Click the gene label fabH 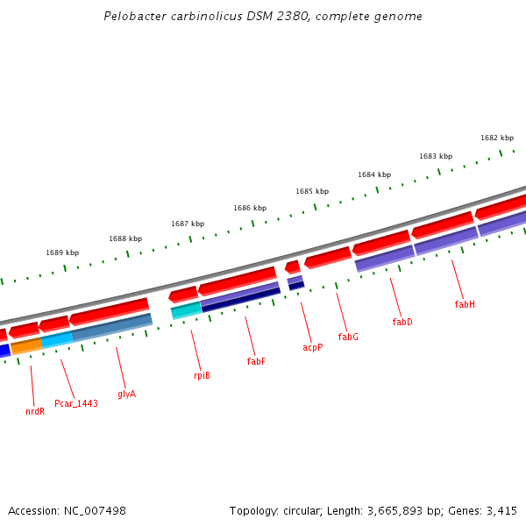point(465,304)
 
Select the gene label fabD point(402,322)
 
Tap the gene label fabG point(348,337)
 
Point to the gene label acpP point(313,347)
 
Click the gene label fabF point(256,361)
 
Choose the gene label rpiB point(202,375)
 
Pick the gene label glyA point(127,394)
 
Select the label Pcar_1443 point(76,403)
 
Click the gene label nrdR point(35,410)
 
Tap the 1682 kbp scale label point(497,138)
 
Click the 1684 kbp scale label point(374,174)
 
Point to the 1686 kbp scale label point(250,208)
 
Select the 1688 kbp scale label point(125,238)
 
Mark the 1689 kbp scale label point(62,252)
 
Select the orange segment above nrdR point(26,345)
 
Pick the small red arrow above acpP point(293,267)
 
